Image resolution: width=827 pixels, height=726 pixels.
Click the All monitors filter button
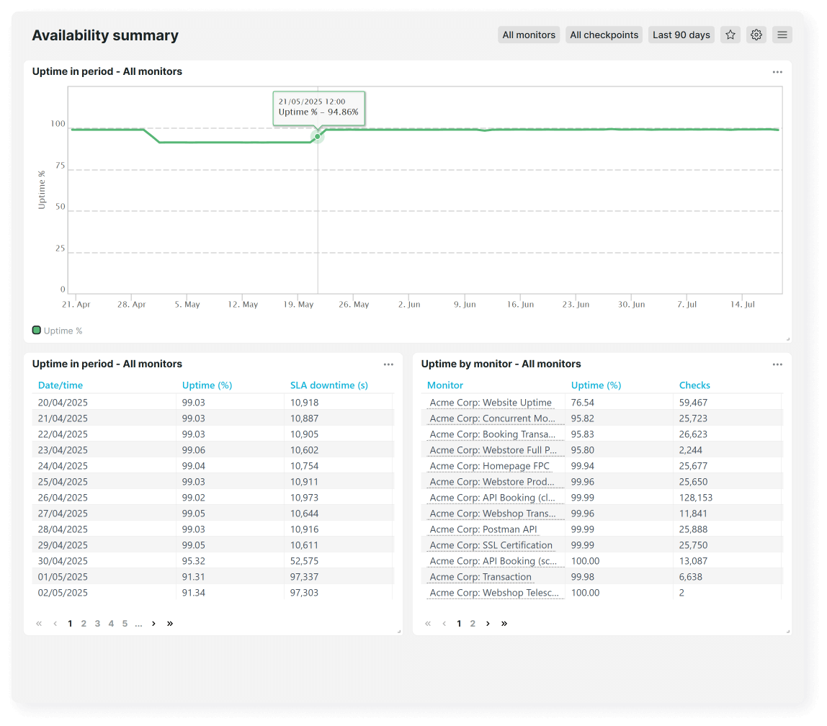click(529, 35)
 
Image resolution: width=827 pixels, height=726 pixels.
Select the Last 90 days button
click(681, 35)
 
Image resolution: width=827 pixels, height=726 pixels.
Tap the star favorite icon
click(730, 35)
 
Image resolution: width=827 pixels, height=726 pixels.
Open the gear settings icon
click(756, 35)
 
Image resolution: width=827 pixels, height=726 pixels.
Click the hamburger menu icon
click(782, 35)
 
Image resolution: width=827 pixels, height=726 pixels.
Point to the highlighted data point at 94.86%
click(317, 136)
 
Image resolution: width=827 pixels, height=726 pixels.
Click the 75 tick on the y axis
click(59, 166)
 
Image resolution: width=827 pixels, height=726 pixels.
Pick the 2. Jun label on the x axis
click(408, 305)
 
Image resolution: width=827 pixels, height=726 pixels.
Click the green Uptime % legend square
click(37, 331)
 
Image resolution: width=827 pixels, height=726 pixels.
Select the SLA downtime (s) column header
click(328, 385)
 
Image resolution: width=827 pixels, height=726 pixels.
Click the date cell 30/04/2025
click(63, 561)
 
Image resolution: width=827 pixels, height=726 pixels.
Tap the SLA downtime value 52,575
click(304, 561)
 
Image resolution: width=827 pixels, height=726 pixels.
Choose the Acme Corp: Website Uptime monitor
click(491, 403)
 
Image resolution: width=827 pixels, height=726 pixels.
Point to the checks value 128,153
click(695, 498)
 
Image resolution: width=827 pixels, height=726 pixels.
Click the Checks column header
click(694, 385)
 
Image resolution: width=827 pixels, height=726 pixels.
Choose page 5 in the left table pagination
click(125, 624)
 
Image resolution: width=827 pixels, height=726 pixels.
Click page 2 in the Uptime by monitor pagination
click(473, 624)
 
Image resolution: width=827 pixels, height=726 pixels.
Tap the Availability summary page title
click(105, 35)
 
